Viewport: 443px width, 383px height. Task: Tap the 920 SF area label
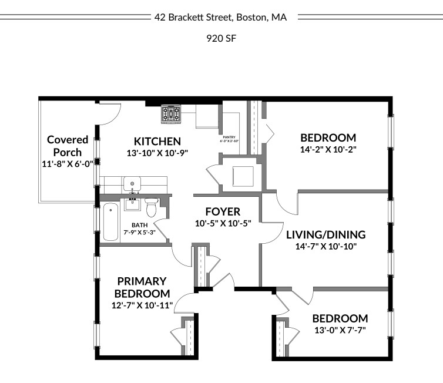coord(221,39)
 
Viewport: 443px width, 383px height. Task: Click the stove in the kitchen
coord(172,113)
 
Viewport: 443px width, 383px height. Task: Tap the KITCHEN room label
coord(157,142)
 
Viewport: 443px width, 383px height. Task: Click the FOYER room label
coord(223,211)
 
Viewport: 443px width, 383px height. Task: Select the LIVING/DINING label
coord(325,235)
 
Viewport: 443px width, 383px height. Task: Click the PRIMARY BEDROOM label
coord(142,287)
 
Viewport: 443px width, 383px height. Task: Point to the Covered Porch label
coord(68,146)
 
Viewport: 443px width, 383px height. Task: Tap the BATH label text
coord(139,224)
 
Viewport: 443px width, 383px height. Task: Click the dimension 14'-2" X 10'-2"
coord(328,149)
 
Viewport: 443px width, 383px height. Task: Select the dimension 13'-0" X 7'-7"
coord(340,330)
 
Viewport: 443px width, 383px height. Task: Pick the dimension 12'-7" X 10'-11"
coord(142,305)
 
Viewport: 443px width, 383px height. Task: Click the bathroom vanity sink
coord(133,204)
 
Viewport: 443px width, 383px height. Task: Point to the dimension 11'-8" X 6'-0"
coord(68,164)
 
